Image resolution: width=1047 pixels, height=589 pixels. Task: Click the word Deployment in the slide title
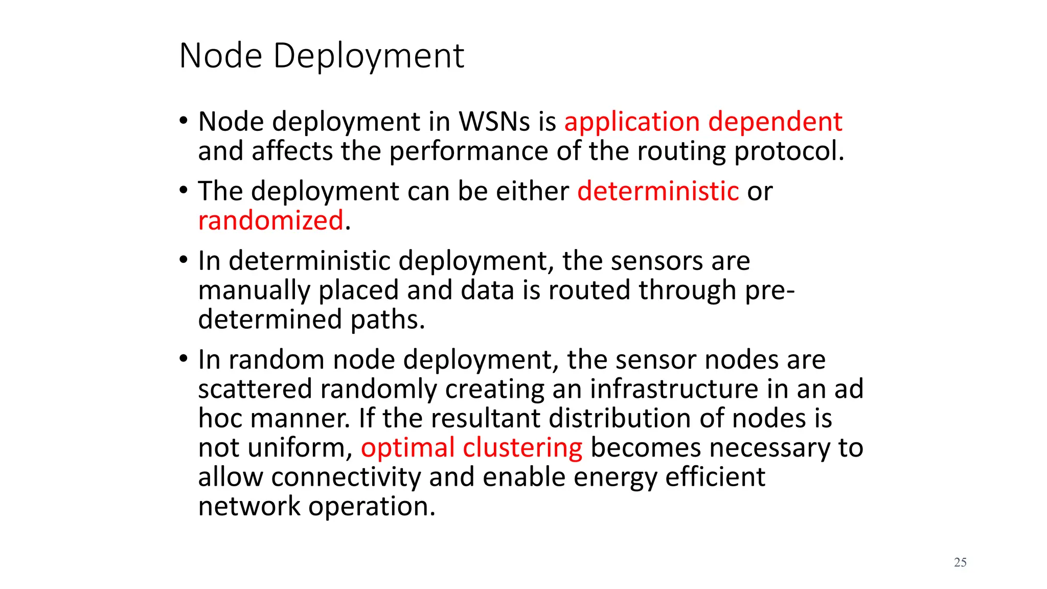pyautogui.click(x=369, y=56)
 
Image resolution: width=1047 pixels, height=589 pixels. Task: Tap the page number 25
pyautogui.click(x=960, y=562)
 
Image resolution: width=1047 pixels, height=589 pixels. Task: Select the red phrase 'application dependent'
pyautogui.click(x=703, y=122)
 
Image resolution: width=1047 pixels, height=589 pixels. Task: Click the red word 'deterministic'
pyautogui.click(x=658, y=191)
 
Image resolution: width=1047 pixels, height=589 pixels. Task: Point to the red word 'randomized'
pyautogui.click(x=270, y=221)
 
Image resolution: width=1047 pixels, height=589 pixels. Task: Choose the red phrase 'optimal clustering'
pyautogui.click(x=471, y=448)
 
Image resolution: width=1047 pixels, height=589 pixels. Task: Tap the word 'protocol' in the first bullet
pyautogui.click(x=788, y=152)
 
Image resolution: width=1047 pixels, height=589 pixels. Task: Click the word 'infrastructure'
pyautogui.click(x=674, y=389)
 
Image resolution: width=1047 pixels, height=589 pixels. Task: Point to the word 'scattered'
pyautogui.click(x=255, y=389)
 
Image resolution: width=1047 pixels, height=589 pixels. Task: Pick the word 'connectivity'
pyautogui.click(x=346, y=478)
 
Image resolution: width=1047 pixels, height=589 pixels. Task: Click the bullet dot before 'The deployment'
pyautogui.click(x=184, y=191)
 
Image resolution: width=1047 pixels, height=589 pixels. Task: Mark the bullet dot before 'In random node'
pyautogui.click(x=184, y=359)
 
